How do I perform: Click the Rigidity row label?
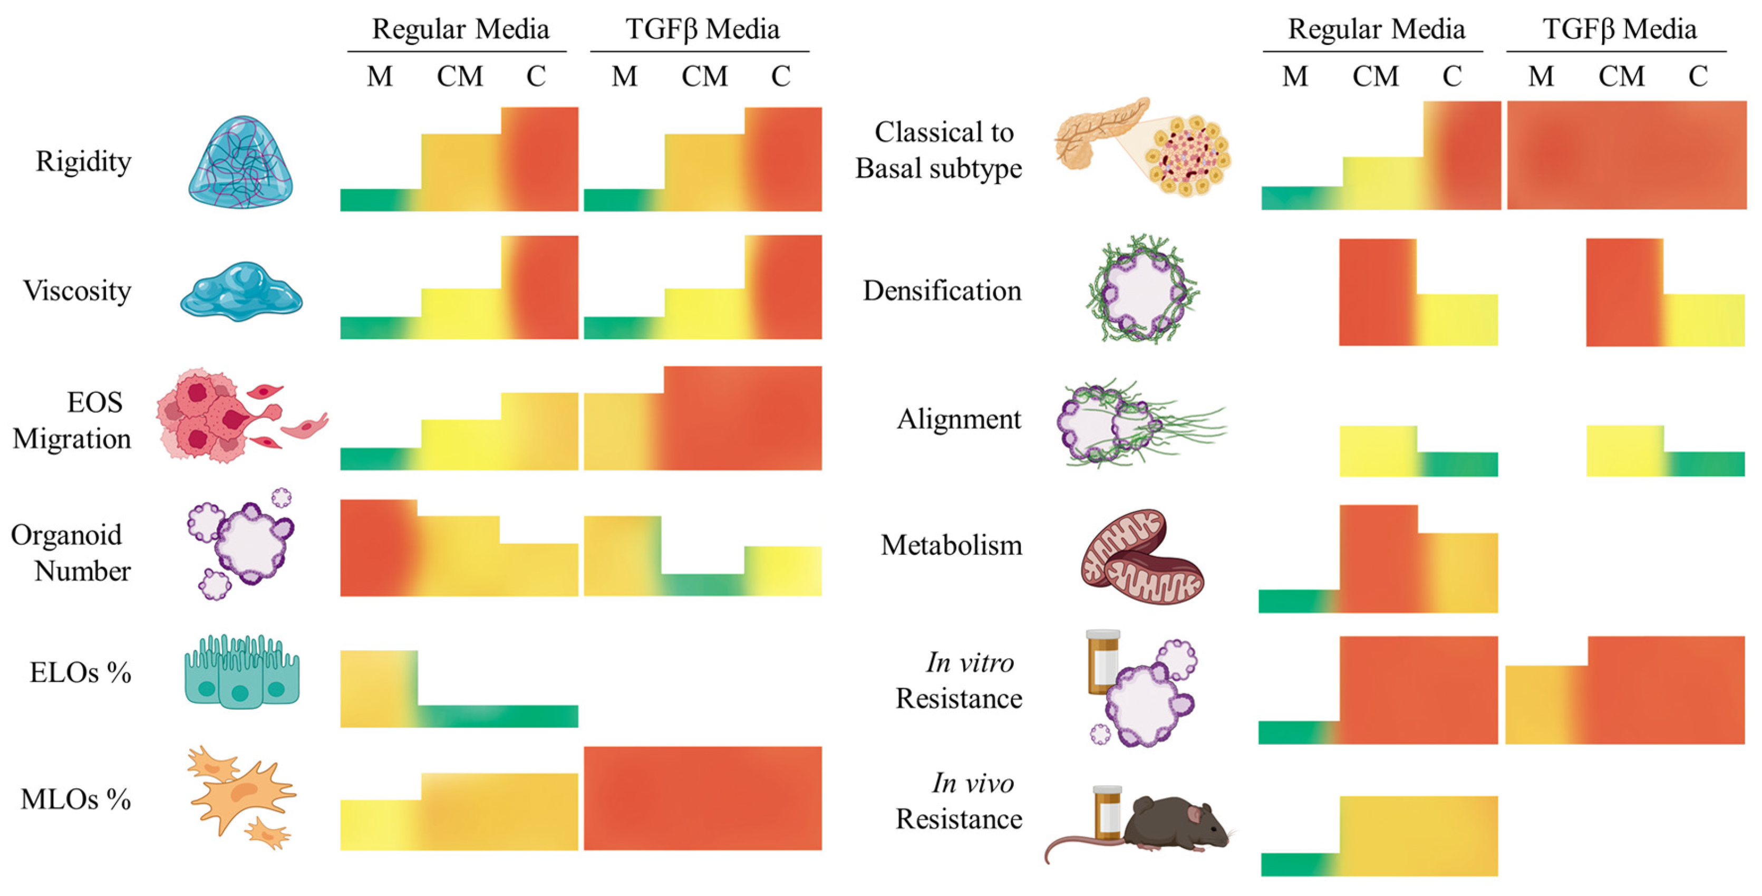pyautogui.click(x=83, y=162)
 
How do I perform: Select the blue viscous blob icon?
pyautogui.click(x=241, y=291)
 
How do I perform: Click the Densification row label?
pyautogui.click(x=942, y=291)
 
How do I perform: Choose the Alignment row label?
pyautogui.click(x=959, y=419)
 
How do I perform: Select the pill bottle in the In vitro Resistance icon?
pyautogui.click(x=1102, y=661)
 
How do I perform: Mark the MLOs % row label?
pyautogui.click(x=75, y=799)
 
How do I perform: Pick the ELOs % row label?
pyautogui.click(x=80, y=673)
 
